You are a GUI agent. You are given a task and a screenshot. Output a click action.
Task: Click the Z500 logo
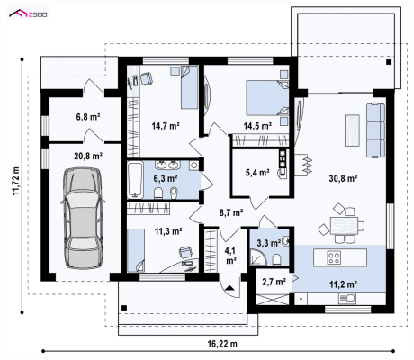[28, 13]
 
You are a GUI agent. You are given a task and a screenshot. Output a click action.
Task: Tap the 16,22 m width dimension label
[222, 344]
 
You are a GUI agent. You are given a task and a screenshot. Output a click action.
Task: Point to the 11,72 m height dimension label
[15, 181]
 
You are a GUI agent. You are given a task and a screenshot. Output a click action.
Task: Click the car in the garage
[83, 218]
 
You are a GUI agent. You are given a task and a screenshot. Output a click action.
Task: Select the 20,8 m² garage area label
[88, 156]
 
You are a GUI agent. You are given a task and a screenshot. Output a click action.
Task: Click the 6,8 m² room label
[88, 116]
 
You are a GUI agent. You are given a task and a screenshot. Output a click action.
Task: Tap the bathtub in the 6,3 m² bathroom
[135, 180]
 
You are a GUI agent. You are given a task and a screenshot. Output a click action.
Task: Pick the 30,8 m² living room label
[343, 178]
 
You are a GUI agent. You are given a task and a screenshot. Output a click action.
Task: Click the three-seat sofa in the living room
[375, 130]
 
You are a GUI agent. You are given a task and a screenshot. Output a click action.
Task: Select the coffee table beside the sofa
[352, 130]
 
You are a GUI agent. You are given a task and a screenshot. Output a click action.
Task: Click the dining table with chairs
[342, 223]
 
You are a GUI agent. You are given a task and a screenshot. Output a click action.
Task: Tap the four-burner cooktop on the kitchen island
[334, 257]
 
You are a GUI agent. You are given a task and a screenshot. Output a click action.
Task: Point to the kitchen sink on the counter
[347, 299]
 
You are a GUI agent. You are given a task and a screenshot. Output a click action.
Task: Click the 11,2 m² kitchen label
[343, 284]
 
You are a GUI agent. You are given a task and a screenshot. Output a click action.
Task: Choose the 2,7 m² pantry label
[274, 282]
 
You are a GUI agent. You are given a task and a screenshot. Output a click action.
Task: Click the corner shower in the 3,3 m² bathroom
[258, 257]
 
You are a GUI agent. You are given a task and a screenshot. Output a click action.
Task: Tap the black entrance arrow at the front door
[229, 288]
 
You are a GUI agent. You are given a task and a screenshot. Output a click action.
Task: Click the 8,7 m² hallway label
[231, 212]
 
